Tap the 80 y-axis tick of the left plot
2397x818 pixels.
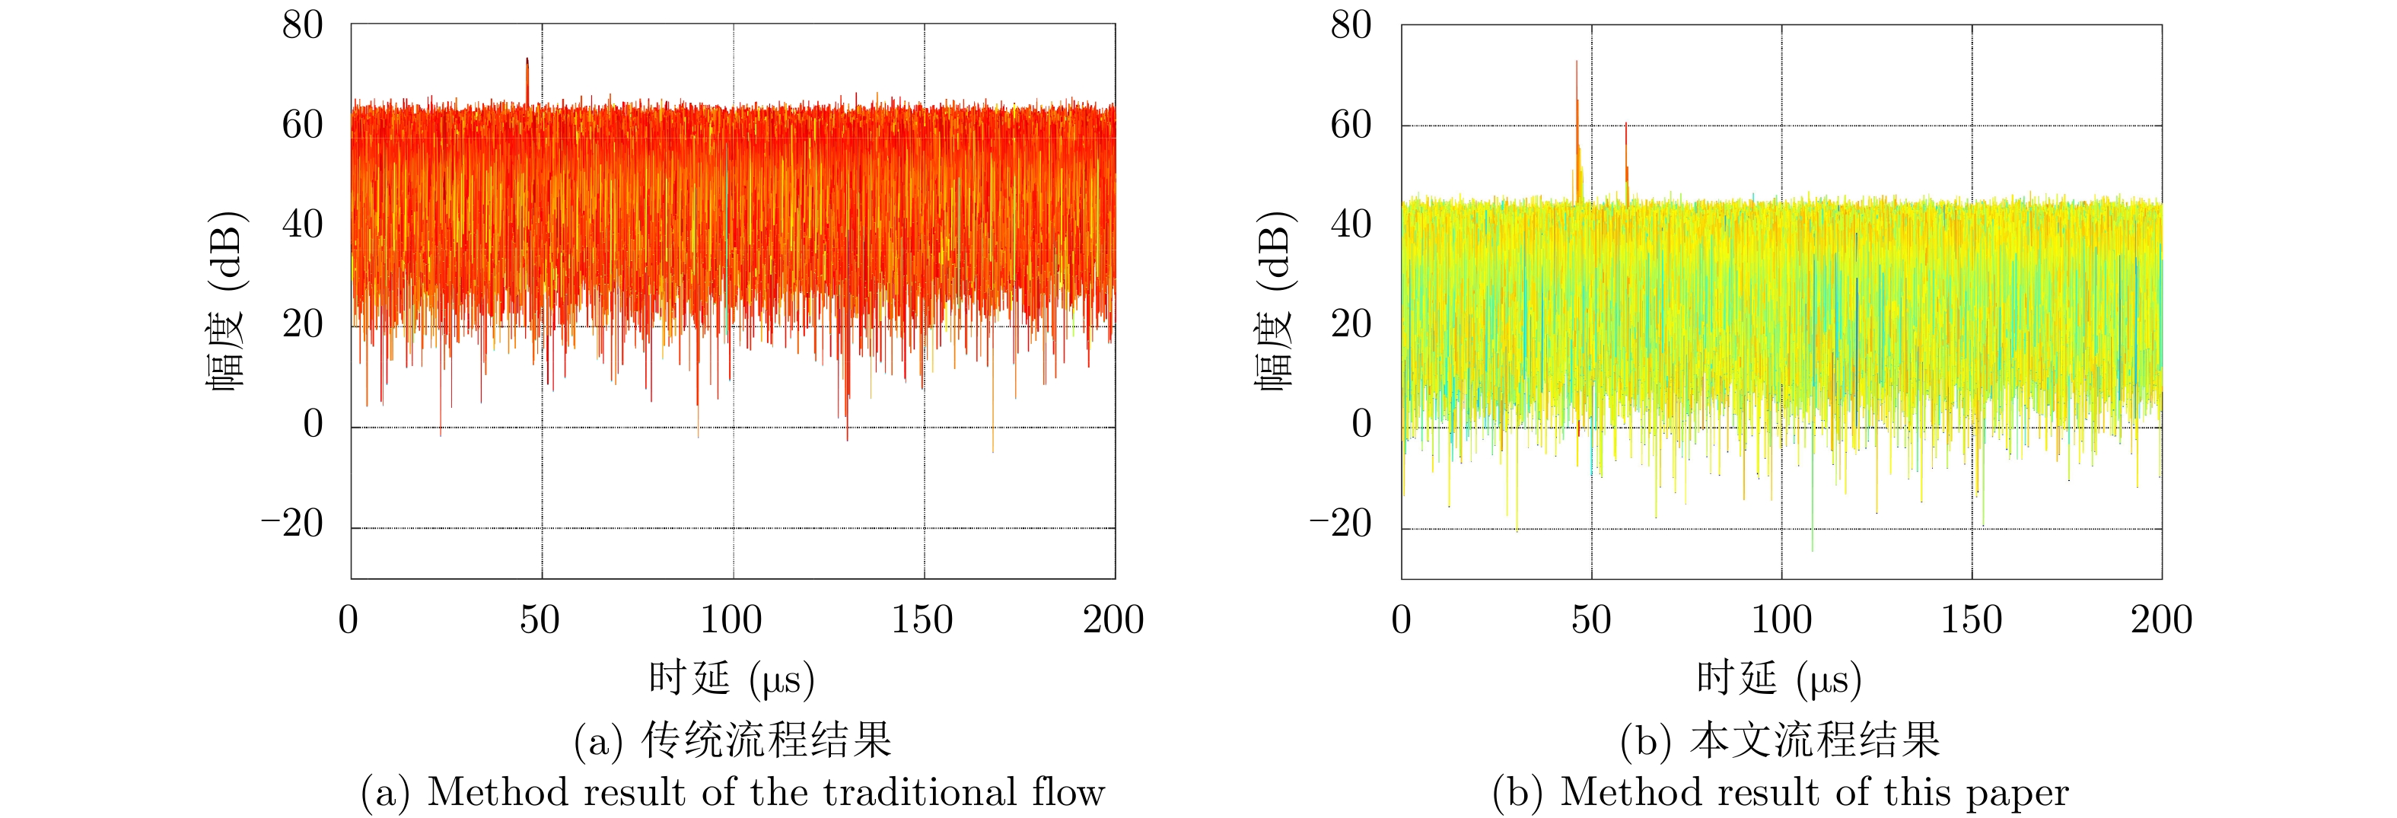(302, 26)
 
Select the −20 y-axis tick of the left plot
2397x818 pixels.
(291, 525)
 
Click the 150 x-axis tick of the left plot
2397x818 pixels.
(922, 620)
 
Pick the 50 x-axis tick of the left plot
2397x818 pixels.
(540, 620)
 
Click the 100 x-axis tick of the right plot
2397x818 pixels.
(1781, 620)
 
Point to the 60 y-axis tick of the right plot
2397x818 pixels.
(1351, 125)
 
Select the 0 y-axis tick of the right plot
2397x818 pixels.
(1361, 425)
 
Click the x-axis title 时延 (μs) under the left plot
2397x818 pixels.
(731, 679)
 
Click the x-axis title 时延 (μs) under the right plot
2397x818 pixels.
(1779, 679)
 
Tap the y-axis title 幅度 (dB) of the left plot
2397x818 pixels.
(227, 302)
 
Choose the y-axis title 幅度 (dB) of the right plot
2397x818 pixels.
(1275, 302)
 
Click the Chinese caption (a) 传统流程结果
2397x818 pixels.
(732, 740)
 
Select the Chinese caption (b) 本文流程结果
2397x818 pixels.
(1780, 740)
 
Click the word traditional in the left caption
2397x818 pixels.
(922, 793)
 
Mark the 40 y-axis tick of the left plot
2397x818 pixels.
(302, 225)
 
